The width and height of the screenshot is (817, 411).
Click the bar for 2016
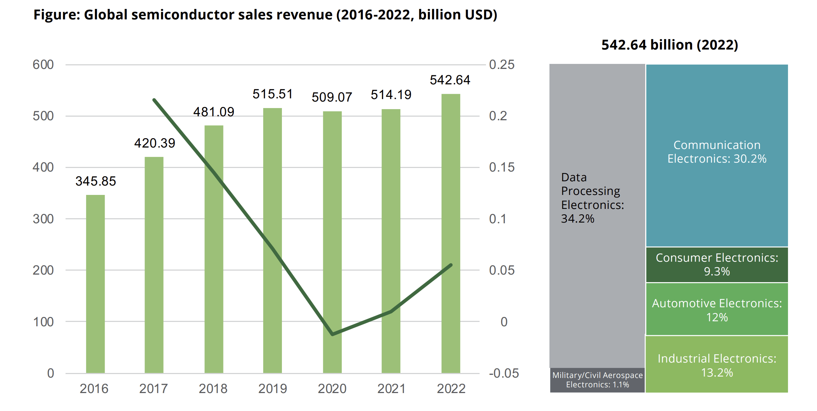(x=95, y=284)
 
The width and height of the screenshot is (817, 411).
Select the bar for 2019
(x=273, y=240)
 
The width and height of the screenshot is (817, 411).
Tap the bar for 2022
(x=451, y=233)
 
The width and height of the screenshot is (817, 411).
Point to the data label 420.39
(x=155, y=143)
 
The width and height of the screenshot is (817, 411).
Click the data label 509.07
(x=332, y=97)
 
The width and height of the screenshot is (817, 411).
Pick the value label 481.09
(x=214, y=112)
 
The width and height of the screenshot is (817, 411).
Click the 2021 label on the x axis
(x=391, y=389)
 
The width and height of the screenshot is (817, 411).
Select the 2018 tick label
(x=213, y=389)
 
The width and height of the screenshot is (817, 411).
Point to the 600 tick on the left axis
(x=43, y=65)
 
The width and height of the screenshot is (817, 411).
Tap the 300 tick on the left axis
(x=43, y=219)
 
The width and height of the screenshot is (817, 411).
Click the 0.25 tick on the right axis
(x=501, y=65)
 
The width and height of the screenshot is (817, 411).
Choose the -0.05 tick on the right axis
(x=504, y=373)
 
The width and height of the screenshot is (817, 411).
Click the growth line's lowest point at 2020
(x=333, y=334)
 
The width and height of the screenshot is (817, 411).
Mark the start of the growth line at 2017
(x=154, y=100)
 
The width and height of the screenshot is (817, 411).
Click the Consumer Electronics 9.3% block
(x=717, y=265)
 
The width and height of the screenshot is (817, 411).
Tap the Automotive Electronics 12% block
(x=717, y=310)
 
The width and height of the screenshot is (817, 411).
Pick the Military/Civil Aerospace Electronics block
(x=597, y=380)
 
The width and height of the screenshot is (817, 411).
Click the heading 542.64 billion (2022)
(x=670, y=45)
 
